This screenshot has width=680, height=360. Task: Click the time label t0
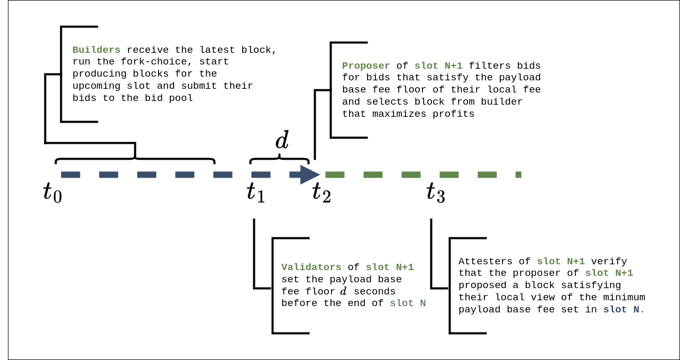(x=52, y=192)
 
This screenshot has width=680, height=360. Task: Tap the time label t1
(x=256, y=192)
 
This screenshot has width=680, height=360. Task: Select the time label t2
(x=321, y=192)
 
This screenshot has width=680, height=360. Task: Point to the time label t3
(x=436, y=192)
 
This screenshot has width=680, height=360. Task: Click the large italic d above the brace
(x=282, y=141)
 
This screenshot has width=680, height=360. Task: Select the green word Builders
(x=96, y=50)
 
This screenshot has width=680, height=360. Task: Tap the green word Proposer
(x=366, y=66)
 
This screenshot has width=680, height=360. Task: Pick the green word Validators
(x=311, y=267)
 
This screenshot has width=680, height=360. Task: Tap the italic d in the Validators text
(x=344, y=292)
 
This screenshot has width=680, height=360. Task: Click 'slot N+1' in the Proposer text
(x=438, y=66)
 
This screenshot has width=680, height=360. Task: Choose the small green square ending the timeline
(x=518, y=174)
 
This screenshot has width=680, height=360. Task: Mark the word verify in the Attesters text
(x=609, y=262)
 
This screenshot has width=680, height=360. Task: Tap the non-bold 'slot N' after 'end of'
(x=408, y=303)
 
